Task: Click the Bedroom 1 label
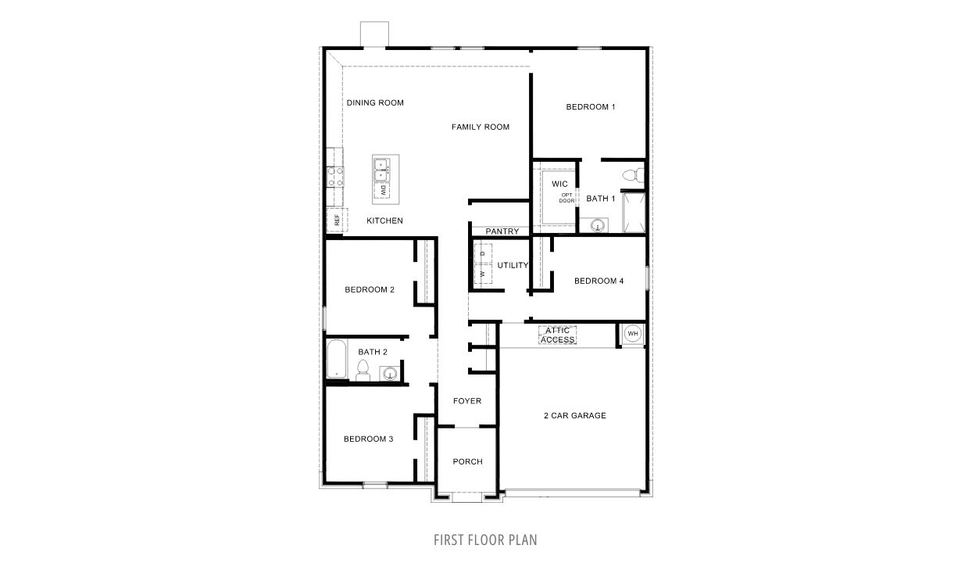point(591,107)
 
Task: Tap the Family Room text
point(481,127)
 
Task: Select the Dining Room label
point(375,102)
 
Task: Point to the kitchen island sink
point(383,165)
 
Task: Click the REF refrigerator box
point(336,221)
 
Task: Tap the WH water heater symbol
point(633,334)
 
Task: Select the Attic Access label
point(558,335)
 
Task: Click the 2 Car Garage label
point(575,415)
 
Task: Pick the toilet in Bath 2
point(363,371)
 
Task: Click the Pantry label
point(502,231)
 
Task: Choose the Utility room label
point(513,265)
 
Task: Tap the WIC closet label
point(559,184)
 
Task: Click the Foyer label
point(467,401)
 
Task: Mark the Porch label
point(467,461)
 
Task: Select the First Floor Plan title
point(485,540)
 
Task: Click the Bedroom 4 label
point(599,281)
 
